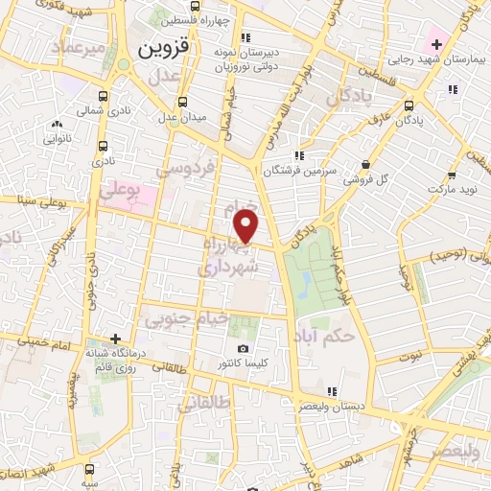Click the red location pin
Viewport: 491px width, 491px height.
246,226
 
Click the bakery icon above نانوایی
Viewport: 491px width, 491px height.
57,124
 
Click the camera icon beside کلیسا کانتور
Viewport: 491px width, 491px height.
243,348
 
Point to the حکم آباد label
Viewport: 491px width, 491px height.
353,337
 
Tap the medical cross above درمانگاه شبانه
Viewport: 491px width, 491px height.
116,339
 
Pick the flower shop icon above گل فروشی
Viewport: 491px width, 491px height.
365,164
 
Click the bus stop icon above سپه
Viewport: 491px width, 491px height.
89,469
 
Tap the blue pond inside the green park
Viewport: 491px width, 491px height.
304,283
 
